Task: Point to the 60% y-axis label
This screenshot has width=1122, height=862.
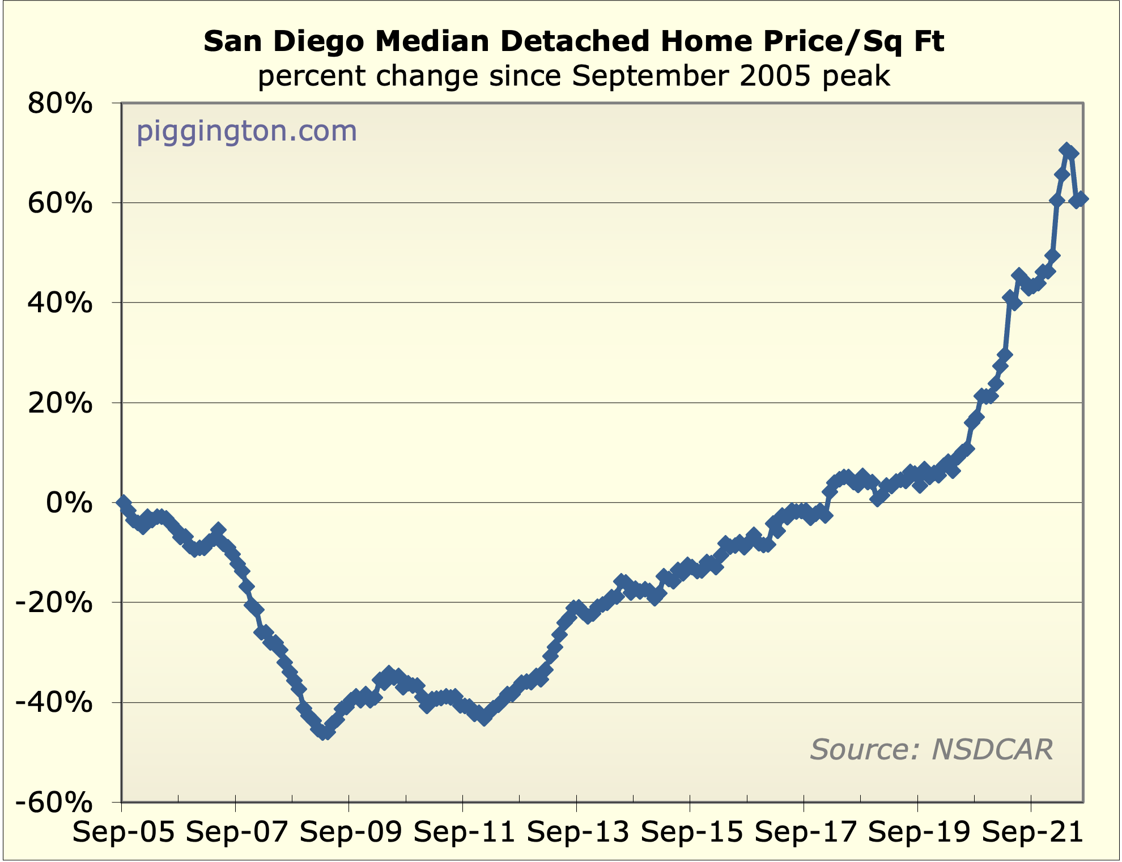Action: (x=59, y=203)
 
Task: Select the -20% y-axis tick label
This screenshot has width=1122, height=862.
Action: (x=54, y=602)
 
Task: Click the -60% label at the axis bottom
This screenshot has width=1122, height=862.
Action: (x=54, y=802)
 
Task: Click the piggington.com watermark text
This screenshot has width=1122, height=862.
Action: (x=246, y=131)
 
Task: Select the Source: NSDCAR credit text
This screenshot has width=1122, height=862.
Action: (x=931, y=749)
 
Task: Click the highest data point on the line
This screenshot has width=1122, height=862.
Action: (x=1066, y=150)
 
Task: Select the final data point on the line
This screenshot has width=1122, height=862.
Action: (x=1081, y=199)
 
